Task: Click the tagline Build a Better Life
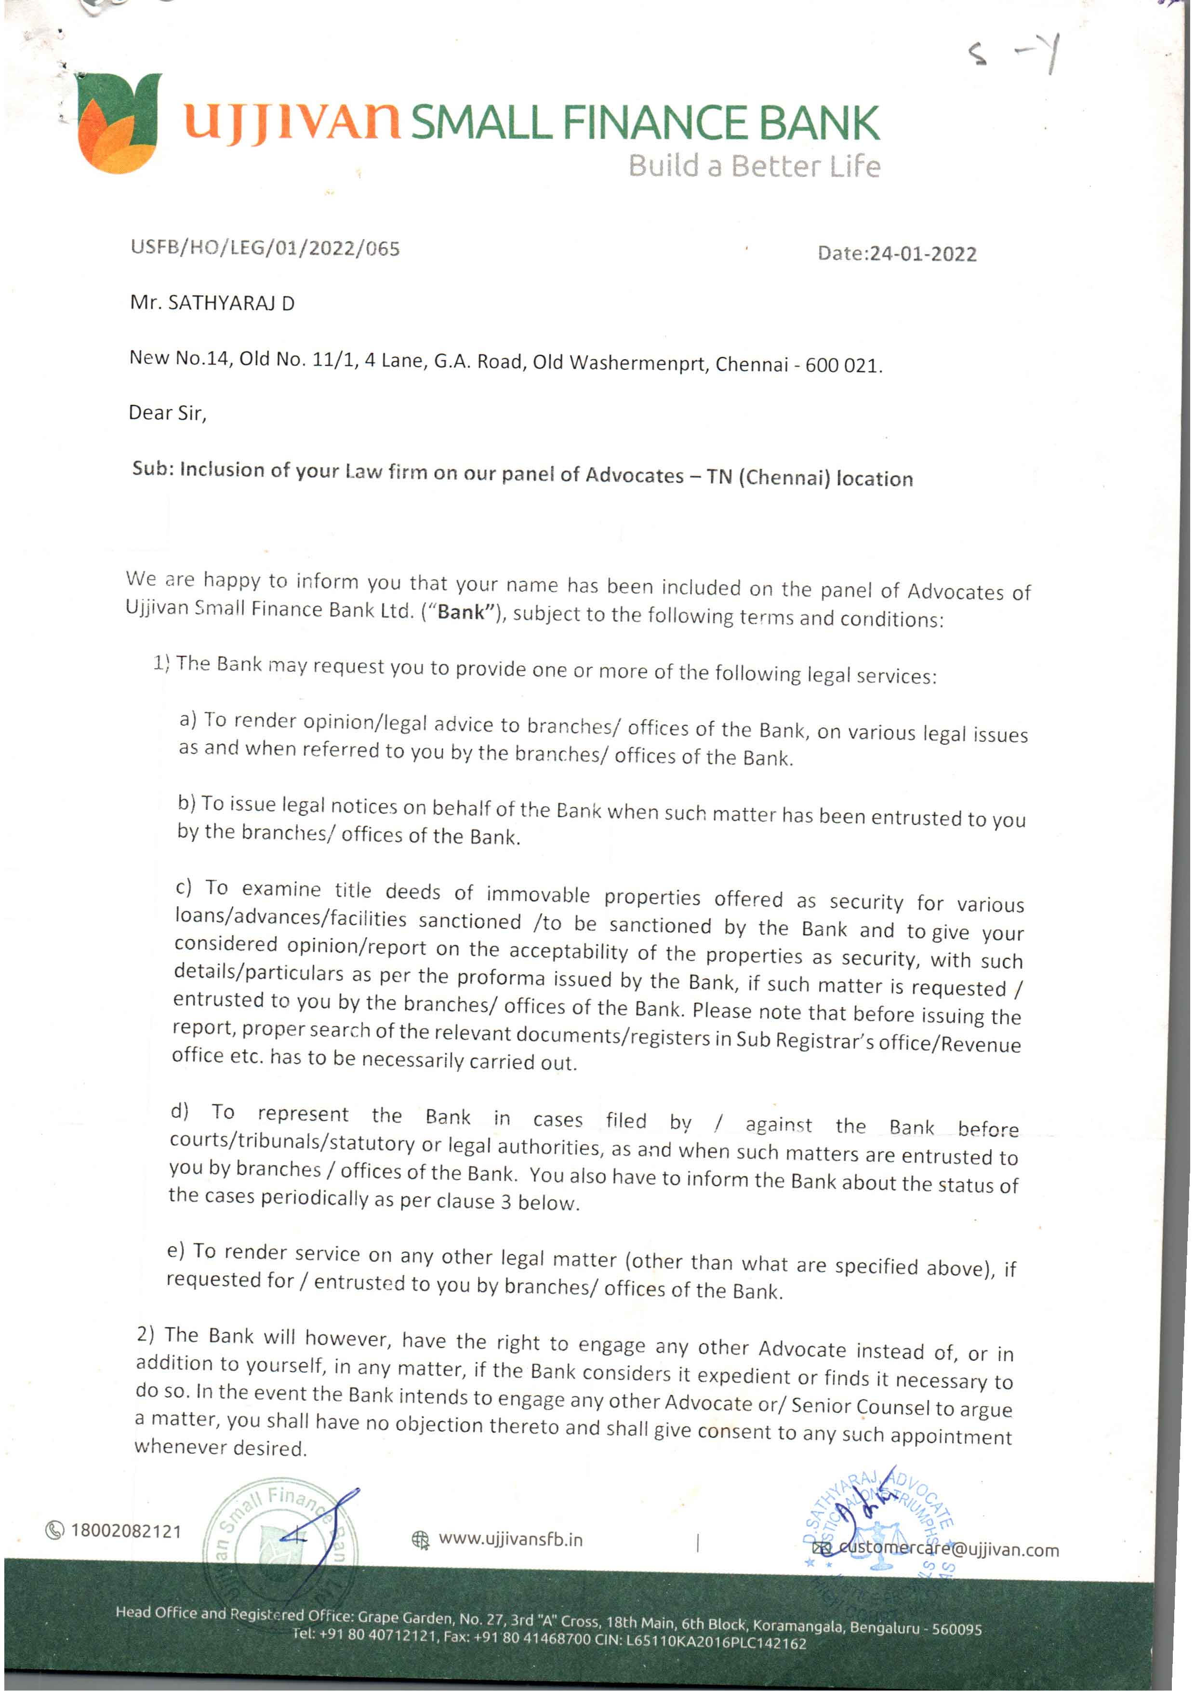(754, 166)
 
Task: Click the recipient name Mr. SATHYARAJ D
(212, 303)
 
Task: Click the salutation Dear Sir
(167, 413)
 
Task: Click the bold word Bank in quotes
(463, 612)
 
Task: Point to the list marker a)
(188, 719)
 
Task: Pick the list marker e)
(175, 1250)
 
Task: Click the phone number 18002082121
(126, 1531)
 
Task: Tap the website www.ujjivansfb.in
(510, 1539)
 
